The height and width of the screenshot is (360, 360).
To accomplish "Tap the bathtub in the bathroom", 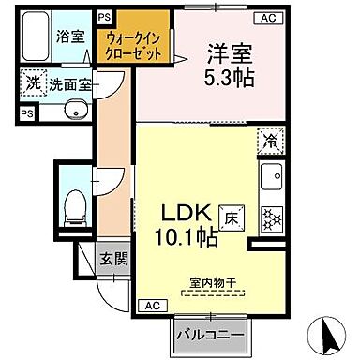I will coord(39,38).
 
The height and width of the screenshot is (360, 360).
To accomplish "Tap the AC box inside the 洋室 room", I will coord(265,19).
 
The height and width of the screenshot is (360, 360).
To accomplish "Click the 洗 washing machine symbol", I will coord(33,82).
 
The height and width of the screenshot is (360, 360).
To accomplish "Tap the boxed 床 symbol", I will coord(228,215).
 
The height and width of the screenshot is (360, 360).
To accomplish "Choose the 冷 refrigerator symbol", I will coord(269,142).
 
